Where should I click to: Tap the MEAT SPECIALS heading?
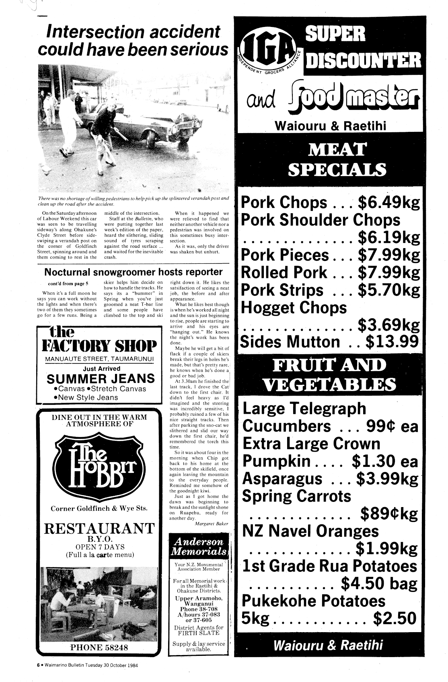(337, 160)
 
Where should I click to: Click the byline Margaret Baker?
(211, 524)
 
